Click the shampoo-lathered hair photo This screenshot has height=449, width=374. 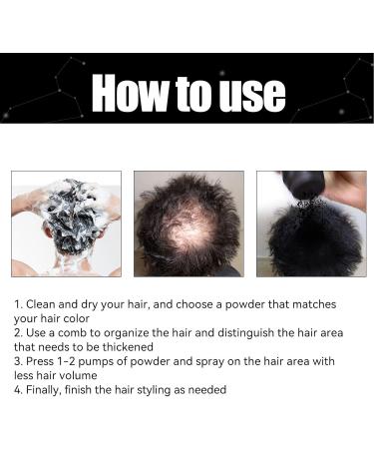click(66, 224)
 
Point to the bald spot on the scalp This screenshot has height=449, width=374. click(187, 228)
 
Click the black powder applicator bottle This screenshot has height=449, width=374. click(302, 186)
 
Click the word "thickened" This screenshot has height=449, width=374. click(128, 347)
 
